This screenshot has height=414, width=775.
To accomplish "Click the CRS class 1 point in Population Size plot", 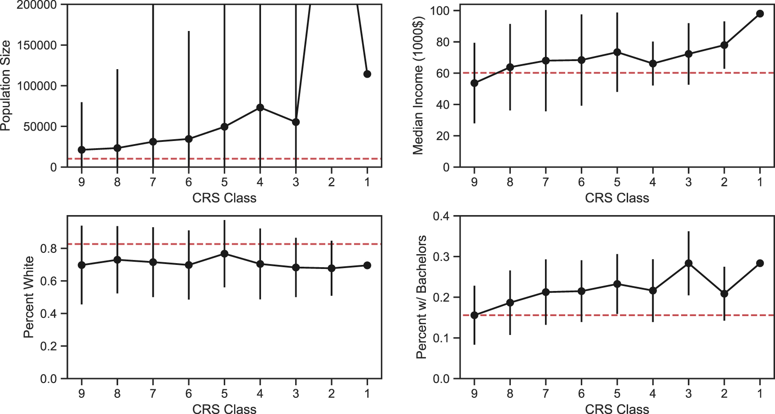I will pyautogui.click(x=367, y=74).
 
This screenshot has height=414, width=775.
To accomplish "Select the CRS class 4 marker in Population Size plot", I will pyautogui.click(x=260, y=107).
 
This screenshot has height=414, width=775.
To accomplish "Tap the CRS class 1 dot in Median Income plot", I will pyautogui.click(x=760, y=13).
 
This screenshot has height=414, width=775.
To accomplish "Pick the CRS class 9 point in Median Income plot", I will pyautogui.click(x=474, y=83).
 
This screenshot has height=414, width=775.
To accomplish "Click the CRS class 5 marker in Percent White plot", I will pyautogui.click(x=225, y=254).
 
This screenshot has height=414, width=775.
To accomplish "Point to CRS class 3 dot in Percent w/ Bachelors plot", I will pyautogui.click(x=688, y=263).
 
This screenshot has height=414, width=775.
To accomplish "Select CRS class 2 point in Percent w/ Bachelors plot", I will pyautogui.click(x=724, y=294).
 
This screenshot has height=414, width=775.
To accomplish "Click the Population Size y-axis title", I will pyautogui.click(x=5, y=85).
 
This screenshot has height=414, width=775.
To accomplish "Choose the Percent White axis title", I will pyautogui.click(x=29, y=297).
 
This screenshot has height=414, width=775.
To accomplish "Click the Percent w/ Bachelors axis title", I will pyautogui.click(x=421, y=297).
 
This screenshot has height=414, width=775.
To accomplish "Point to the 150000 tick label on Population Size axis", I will pyautogui.click(x=37, y=45).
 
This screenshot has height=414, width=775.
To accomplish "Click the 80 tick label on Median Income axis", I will pyautogui.click(x=442, y=42).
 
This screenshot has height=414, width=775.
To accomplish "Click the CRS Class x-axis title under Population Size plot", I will pyautogui.click(x=224, y=198).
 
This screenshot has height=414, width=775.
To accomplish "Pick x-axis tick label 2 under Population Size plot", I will pyautogui.click(x=332, y=182).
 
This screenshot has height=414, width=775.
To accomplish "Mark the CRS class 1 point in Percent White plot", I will pyautogui.click(x=367, y=265).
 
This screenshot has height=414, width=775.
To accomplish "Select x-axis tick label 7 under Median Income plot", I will pyautogui.click(x=545, y=182).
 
